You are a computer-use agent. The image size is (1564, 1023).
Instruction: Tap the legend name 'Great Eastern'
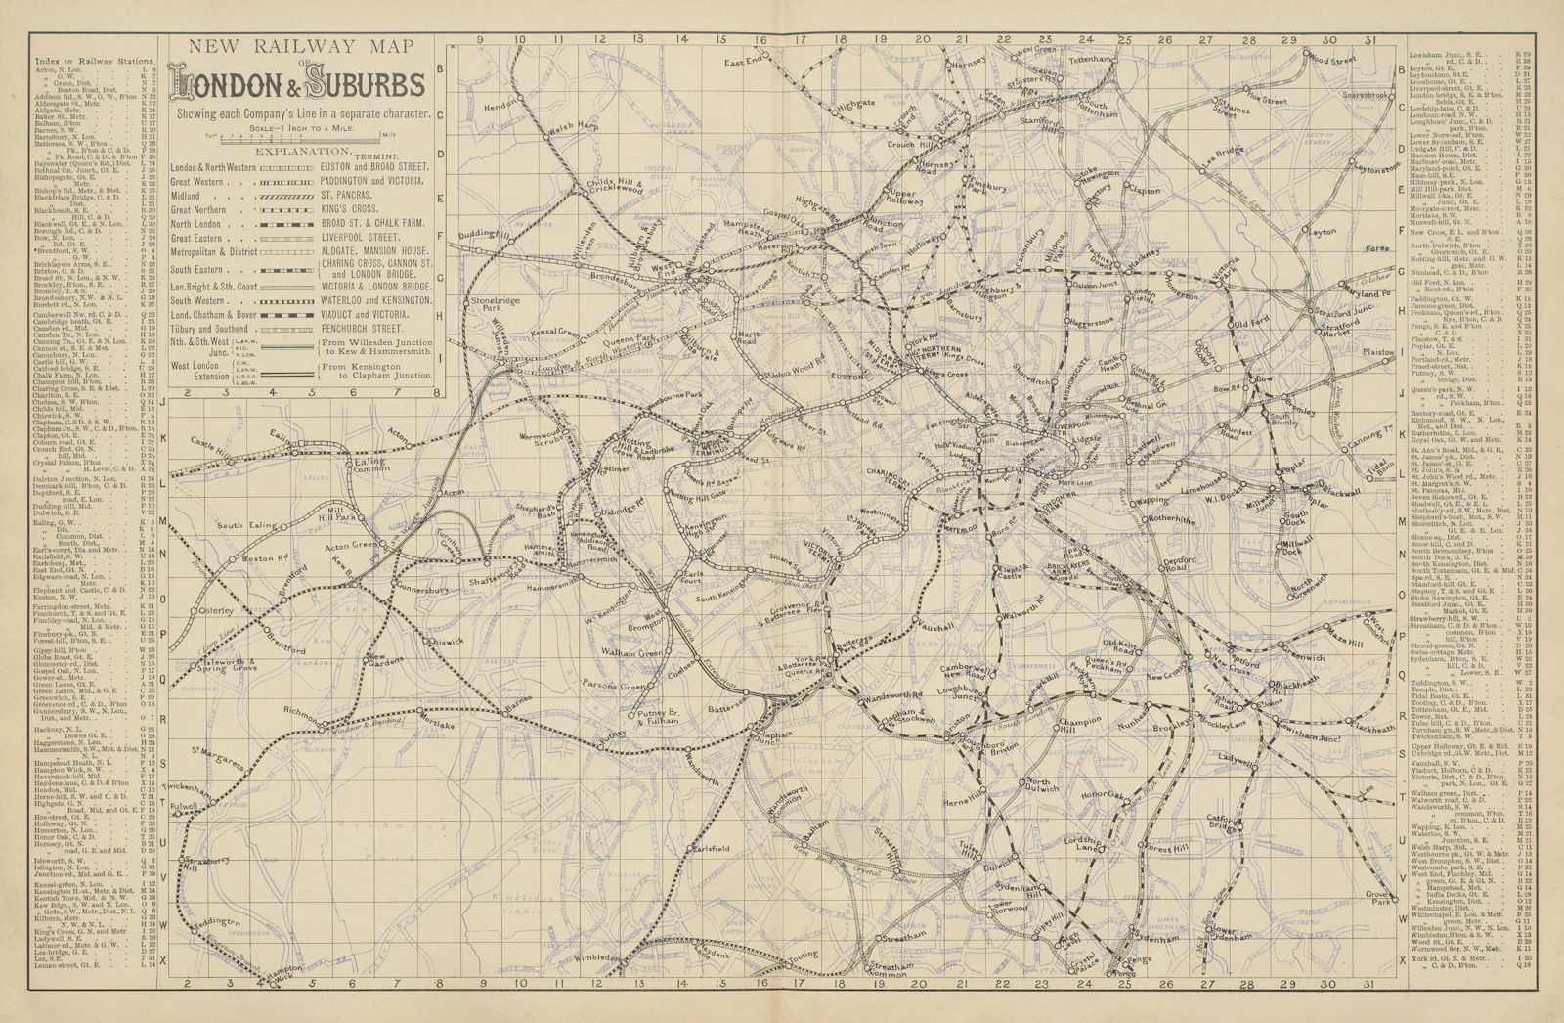coord(199,238)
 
